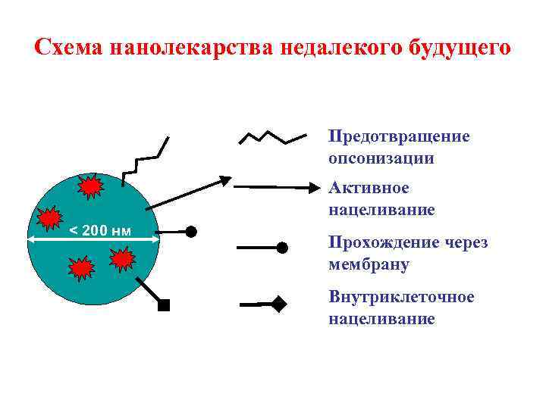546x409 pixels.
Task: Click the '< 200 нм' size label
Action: [100, 230]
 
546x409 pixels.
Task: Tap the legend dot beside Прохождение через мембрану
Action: [282, 247]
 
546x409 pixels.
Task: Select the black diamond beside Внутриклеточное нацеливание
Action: [280, 305]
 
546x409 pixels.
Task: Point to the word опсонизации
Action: [381, 158]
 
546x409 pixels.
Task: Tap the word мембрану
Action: [369, 265]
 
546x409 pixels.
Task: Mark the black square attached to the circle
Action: [164, 306]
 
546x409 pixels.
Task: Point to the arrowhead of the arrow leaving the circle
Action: [224, 180]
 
